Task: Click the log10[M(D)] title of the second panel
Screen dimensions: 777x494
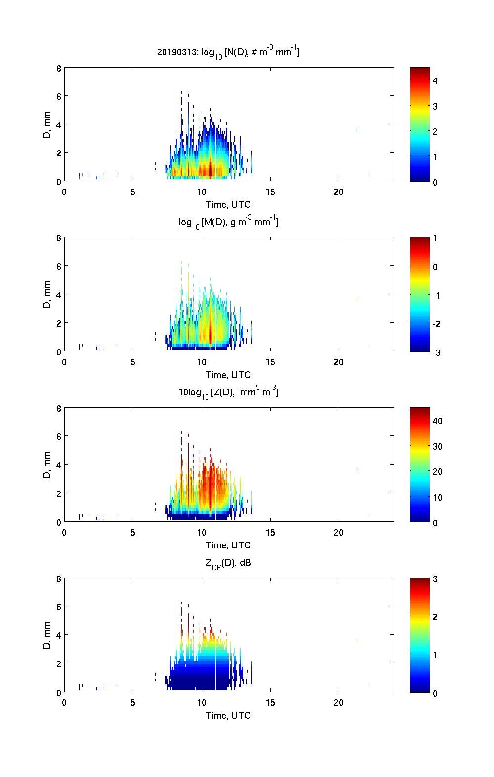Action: [228, 222]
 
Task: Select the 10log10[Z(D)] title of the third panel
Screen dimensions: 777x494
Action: [228, 392]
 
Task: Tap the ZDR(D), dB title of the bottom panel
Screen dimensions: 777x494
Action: [229, 562]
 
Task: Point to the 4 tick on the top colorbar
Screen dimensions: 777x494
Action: [435, 80]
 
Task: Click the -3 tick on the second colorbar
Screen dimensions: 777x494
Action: [434, 352]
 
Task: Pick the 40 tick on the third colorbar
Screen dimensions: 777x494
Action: [437, 421]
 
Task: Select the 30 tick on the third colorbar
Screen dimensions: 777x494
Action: [437, 446]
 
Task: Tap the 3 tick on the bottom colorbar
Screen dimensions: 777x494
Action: [435, 579]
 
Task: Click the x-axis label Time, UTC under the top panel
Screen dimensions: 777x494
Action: [228, 204]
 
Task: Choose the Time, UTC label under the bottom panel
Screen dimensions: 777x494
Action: [228, 715]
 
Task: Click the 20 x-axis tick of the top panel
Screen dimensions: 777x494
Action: [338, 192]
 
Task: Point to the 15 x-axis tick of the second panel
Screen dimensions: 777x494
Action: [270, 362]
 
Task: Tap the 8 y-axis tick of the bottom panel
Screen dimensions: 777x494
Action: [58, 579]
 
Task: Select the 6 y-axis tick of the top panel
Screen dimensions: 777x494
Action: [58, 96]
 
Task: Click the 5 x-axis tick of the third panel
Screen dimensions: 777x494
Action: [133, 532]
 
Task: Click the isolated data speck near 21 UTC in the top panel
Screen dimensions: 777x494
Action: [356, 129]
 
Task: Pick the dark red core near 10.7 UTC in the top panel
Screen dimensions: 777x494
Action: [211, 169]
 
